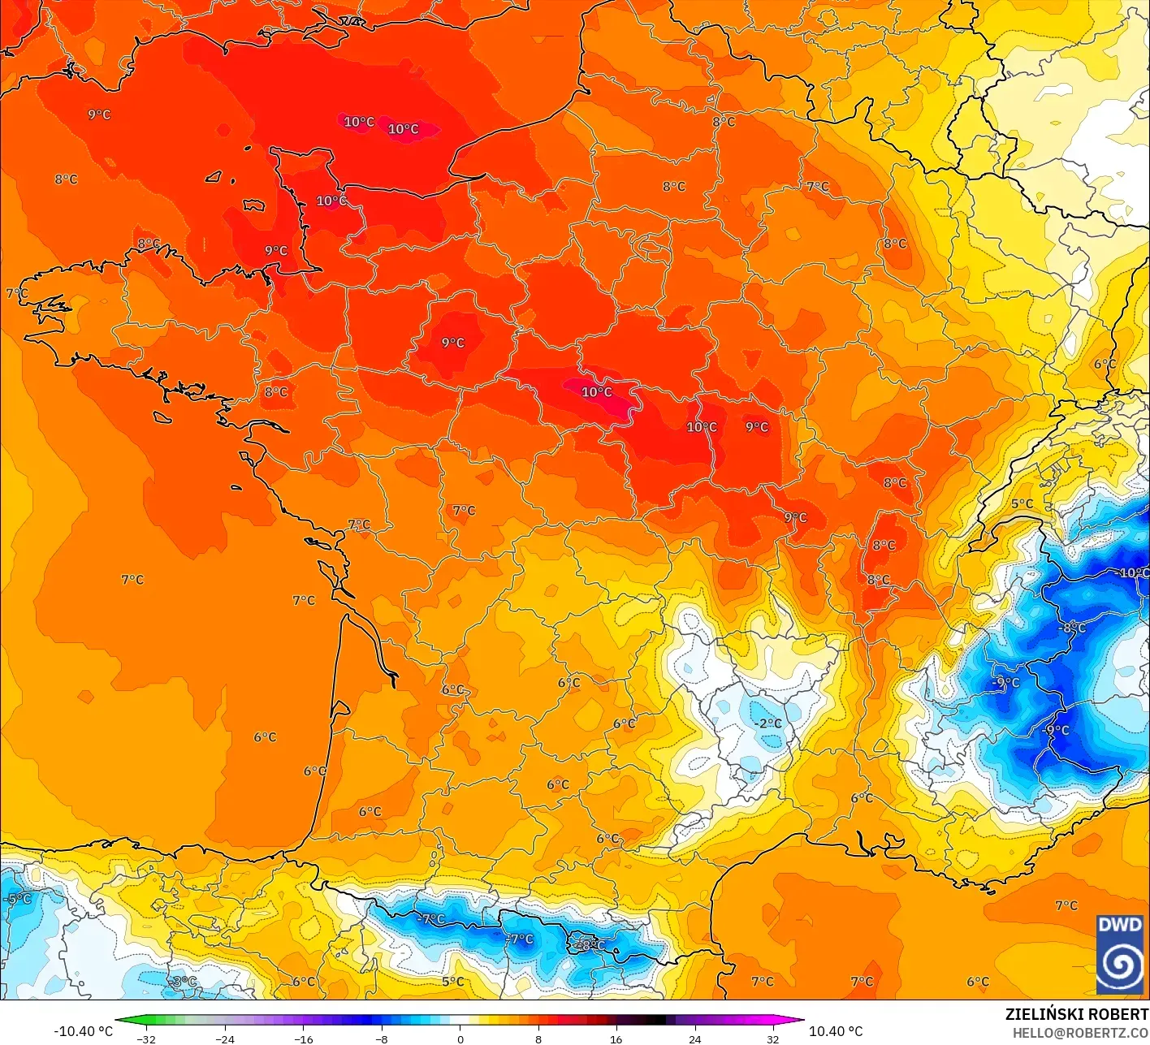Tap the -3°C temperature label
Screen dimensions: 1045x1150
tap(184, 982)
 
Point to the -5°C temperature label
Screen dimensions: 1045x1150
tap(17, 899)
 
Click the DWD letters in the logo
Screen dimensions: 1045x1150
tap(1119, 925)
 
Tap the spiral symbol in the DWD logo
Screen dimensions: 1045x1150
tap(1119, 965)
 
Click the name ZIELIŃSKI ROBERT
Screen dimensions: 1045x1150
tap(1076, 1014)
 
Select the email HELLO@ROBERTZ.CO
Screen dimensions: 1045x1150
tap(1080, 1032)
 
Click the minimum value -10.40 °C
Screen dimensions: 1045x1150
tap(83, 1031)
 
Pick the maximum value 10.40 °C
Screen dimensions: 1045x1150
tap(836, 1031)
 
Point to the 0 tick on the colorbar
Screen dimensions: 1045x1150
tap(460, 1039)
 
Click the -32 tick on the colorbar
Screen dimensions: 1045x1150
tap(146, 1039)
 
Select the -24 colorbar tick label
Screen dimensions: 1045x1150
tap(224, 1039)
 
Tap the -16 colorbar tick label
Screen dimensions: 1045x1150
tap(303, 1039)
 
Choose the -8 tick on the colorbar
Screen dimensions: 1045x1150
tap(381, 1039)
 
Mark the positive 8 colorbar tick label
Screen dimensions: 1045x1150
tap(538, 1039)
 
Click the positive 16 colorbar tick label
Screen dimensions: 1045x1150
tap(616, 1039)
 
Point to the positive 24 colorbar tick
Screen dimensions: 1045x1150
tap(694, 1039)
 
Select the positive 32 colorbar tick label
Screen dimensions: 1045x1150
tap(772, 1039)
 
